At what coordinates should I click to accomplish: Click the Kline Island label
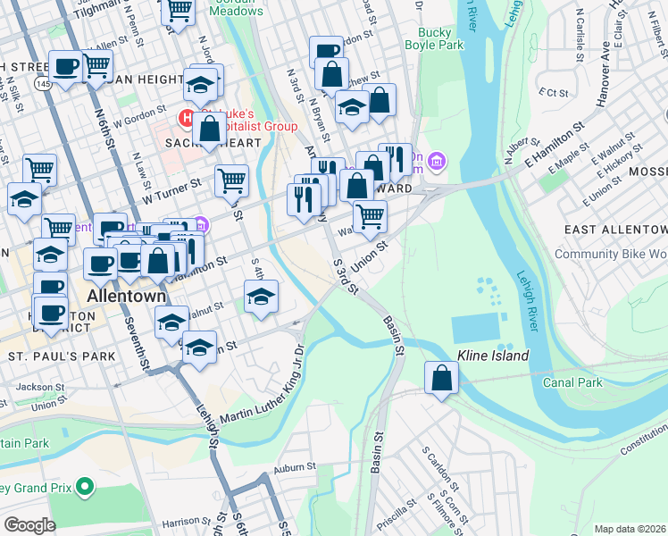click(x=493, y=356)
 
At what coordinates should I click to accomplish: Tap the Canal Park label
click(x=572, y=382)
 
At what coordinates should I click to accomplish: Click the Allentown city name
click(x=127, y=296)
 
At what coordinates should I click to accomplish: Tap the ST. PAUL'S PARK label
click(x=62, y=356)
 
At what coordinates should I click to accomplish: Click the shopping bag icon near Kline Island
click(x=441, y=378)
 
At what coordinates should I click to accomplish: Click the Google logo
click(x=29, y=525)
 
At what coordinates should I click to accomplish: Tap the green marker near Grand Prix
click(x=85, y=487)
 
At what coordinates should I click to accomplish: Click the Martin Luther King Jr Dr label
click(x=259, y=389)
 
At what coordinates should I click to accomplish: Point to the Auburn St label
click(x=296, y=466)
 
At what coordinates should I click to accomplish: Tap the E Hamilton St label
click(x=547, y=141)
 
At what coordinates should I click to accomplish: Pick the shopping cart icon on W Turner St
click(x=231, y=180)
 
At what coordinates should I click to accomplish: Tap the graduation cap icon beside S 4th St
click(x=261, y=297)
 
